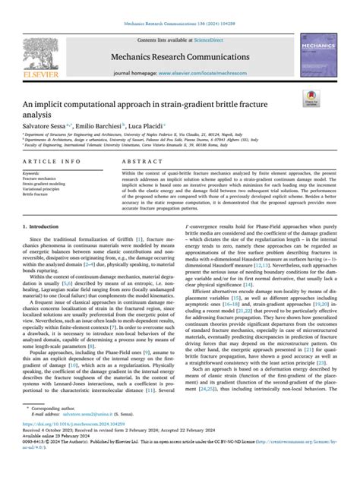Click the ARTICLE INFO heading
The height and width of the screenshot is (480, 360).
(52, 163)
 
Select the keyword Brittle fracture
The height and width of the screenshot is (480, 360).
(41, 193)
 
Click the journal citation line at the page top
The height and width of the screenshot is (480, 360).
(180, 26)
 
